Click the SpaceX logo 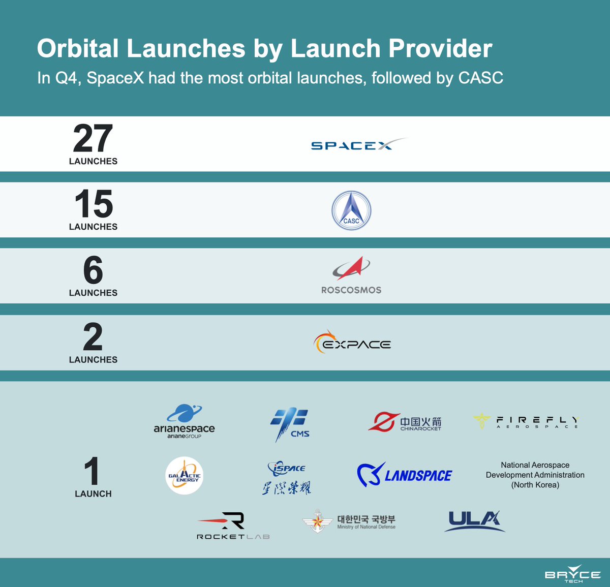click(358, 145)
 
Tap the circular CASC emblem click(351, 210)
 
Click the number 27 click(93, 139)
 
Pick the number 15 click(94, 204)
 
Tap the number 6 click(93, 270)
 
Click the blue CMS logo click(289, 424)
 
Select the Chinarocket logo click(405, 422)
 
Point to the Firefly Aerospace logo click(526, 421)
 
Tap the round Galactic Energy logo click(185, 476)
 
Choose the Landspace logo click(404, 475)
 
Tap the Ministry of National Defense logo click(349, 521)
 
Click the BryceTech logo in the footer click(572, 574)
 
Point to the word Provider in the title click(440, 49)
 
